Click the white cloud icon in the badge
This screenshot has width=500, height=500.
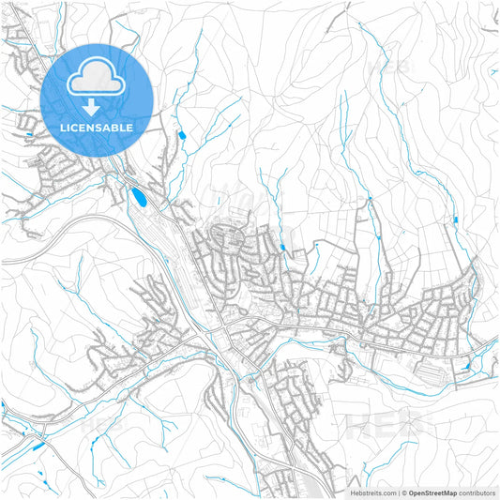click(97, 77)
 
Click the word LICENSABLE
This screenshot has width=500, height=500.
click(97, 127)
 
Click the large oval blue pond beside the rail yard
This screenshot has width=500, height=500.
click(139, 197)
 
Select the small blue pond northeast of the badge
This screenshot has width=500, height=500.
click(181, 137)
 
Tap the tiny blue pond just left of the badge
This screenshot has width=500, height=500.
click(31, 134)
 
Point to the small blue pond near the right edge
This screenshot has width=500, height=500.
click(455, 220)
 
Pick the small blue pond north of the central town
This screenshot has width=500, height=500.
click(282, 248)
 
